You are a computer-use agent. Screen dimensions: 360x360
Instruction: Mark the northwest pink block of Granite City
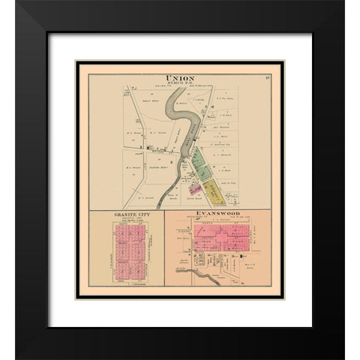pyautogui.click(x=120, y=235)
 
